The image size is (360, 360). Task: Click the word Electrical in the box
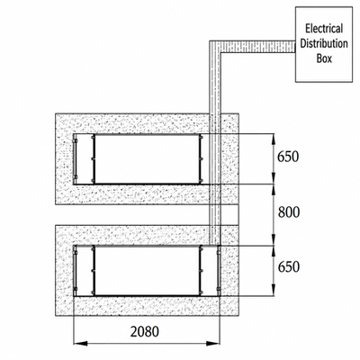point(324,29)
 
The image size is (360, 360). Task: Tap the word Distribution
point(324,43)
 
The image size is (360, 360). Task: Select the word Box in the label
point(324,58)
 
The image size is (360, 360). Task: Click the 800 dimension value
point(289,212)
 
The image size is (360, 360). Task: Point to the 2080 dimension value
point(145,332)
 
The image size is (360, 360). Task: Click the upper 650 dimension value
point(288,157)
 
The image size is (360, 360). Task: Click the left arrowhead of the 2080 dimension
point(80,343)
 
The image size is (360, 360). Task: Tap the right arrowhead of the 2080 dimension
point(213,343)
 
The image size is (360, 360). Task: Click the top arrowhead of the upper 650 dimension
point(274,139)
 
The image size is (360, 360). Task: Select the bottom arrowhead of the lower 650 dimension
point(274,290)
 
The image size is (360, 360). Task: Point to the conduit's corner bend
point(215,47)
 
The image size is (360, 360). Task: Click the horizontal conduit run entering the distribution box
point(258,47)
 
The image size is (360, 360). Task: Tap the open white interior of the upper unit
point(147,159)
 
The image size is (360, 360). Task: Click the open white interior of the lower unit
point(147,271)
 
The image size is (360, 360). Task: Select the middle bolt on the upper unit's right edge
point(202,158)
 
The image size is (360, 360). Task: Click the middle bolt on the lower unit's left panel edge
point(93,271)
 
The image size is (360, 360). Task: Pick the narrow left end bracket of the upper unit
point(76,159)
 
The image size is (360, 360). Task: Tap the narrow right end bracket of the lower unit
point(219,271)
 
